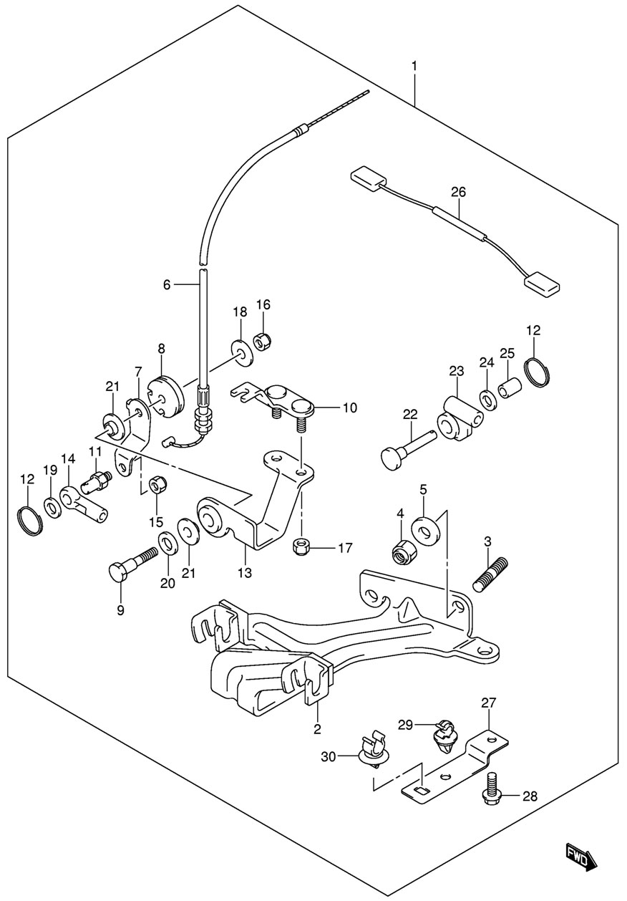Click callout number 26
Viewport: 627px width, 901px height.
458,192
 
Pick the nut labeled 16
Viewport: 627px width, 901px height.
263,342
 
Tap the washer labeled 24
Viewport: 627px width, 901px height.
487,399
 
